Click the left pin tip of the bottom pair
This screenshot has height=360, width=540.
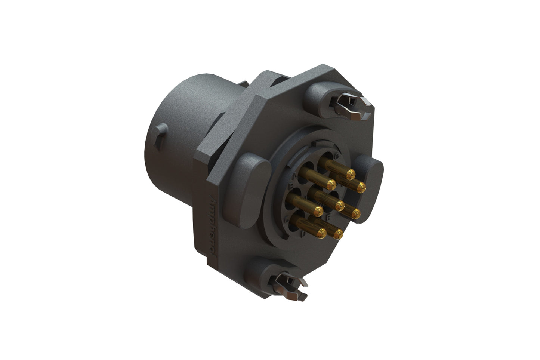click(322, 233)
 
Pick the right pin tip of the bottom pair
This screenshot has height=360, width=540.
click(338, 234)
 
